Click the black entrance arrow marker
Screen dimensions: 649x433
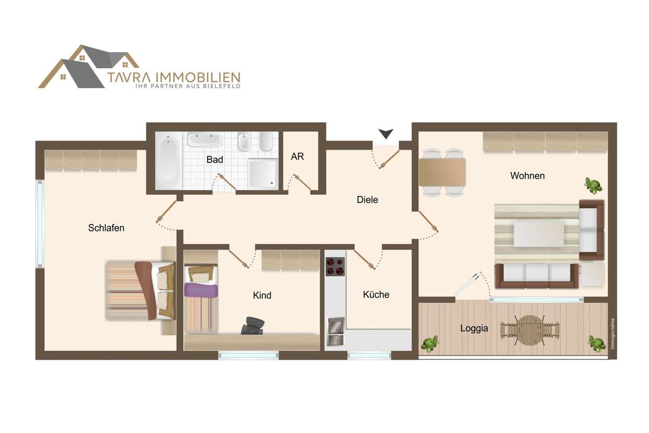386,134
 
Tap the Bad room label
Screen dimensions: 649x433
215,160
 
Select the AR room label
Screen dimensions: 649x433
297,156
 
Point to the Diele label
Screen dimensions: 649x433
367,200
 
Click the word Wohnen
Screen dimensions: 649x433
527,175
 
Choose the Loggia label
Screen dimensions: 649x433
474,329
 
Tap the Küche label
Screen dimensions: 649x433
376,294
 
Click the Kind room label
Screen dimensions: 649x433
262,295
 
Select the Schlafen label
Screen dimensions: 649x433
106,228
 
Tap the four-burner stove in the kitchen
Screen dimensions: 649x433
335,266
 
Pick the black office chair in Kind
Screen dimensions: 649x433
253,325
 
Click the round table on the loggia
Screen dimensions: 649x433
529,330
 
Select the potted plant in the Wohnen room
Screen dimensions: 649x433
593,186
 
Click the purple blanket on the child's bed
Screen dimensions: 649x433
201,290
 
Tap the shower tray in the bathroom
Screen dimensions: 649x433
263,173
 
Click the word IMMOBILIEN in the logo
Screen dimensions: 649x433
198,77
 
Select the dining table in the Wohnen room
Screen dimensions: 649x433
442,172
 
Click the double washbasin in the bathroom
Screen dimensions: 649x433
204,140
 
